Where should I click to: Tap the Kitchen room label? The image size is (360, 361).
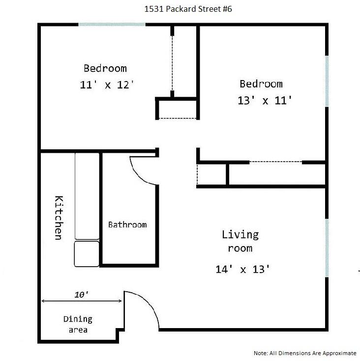coord(59,218)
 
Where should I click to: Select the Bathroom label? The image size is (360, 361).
coord(127,224)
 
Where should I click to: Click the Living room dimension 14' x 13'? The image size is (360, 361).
coord(243,269)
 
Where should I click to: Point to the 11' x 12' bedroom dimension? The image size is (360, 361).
coord(107,84)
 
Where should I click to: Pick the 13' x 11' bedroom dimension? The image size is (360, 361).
coord(265,101)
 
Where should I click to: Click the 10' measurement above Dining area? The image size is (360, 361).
coord(82,295)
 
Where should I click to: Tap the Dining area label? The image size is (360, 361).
coord(78,324)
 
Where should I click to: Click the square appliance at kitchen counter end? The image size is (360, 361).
coord(87,253)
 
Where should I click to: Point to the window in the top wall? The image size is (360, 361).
coord(112,25)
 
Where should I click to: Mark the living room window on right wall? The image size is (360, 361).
coord(327,248)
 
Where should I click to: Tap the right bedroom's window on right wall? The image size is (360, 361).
coord(327,81)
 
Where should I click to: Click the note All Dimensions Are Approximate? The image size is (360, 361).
coord(305,353)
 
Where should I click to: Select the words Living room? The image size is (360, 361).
coord(240,241)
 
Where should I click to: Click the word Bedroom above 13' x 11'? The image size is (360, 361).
coord(261,84)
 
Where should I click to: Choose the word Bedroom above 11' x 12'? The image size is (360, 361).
coord(105,68)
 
